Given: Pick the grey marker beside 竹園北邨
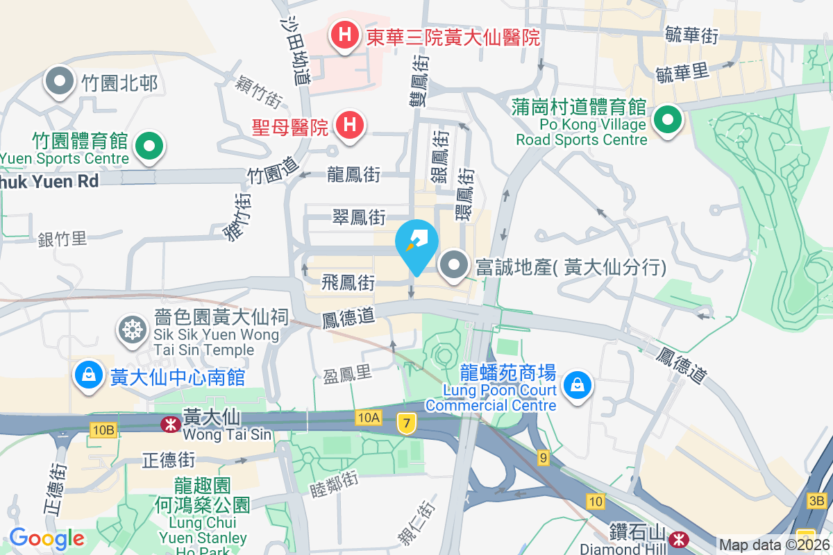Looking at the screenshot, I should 60,82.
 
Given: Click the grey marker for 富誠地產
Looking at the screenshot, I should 455,266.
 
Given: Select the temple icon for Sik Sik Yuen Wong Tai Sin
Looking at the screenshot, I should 131,328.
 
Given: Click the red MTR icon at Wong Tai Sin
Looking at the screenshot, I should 169,424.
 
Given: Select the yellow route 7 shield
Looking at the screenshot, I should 407,422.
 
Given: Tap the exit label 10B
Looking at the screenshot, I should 102,430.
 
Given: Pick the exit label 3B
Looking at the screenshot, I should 817,500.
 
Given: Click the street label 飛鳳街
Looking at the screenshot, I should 348,282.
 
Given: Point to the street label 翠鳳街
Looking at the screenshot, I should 358,217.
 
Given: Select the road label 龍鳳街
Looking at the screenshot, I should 353,174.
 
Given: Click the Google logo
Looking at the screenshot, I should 47,538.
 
